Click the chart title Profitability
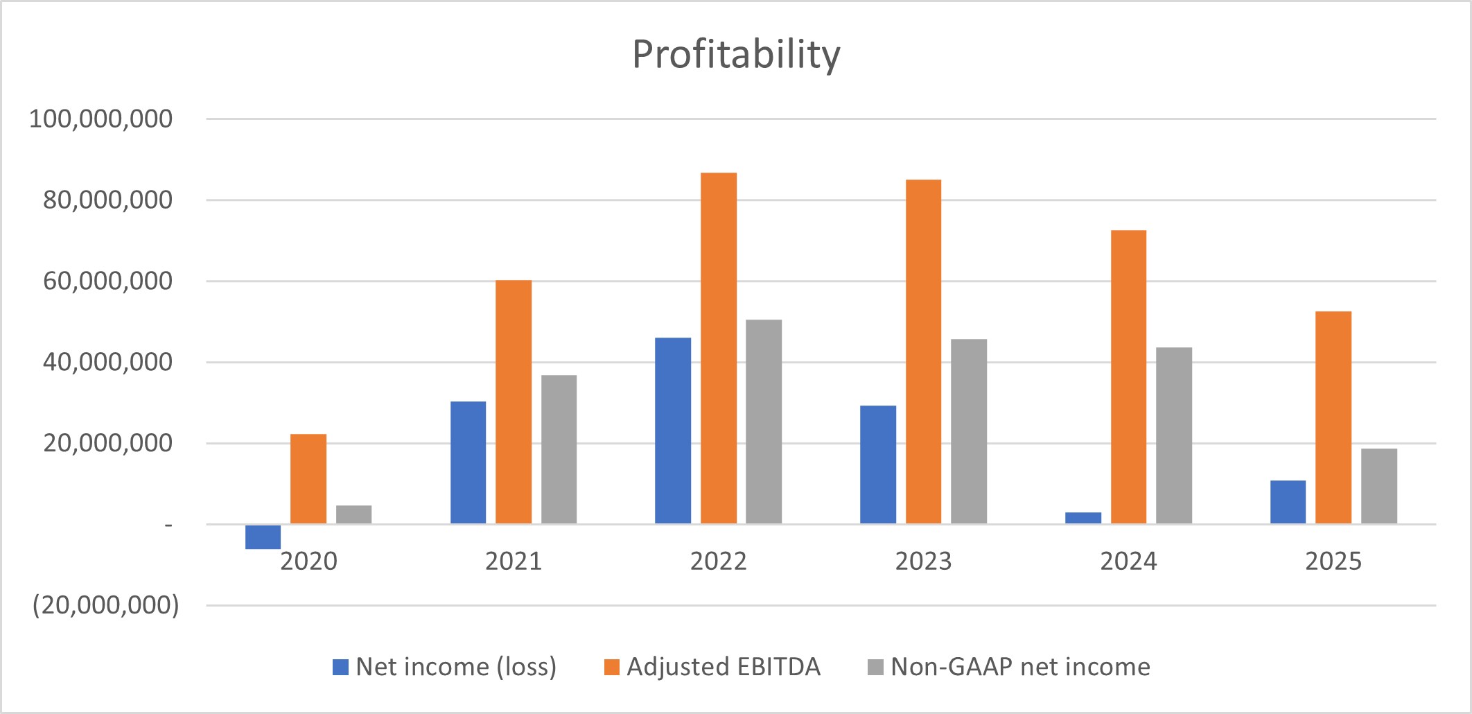point(736,55)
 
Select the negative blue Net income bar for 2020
point(263,537)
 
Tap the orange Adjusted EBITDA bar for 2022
point(718,348)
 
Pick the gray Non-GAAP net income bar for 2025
point(1378,487)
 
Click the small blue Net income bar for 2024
point(1083,518)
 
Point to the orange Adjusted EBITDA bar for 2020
point(308,479)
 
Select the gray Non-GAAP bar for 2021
point(559,449)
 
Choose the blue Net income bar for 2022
point(673,430)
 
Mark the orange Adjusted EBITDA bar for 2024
point(1128,377)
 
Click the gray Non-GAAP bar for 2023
point(968,431)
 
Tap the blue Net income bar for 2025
point(1288,502)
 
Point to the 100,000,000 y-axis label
point(100,119)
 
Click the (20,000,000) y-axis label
point(105,605)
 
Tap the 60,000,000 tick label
point(107,281)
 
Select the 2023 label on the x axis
point(923,561)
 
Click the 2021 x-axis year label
point(513,561)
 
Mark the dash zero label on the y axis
point(168,525)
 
